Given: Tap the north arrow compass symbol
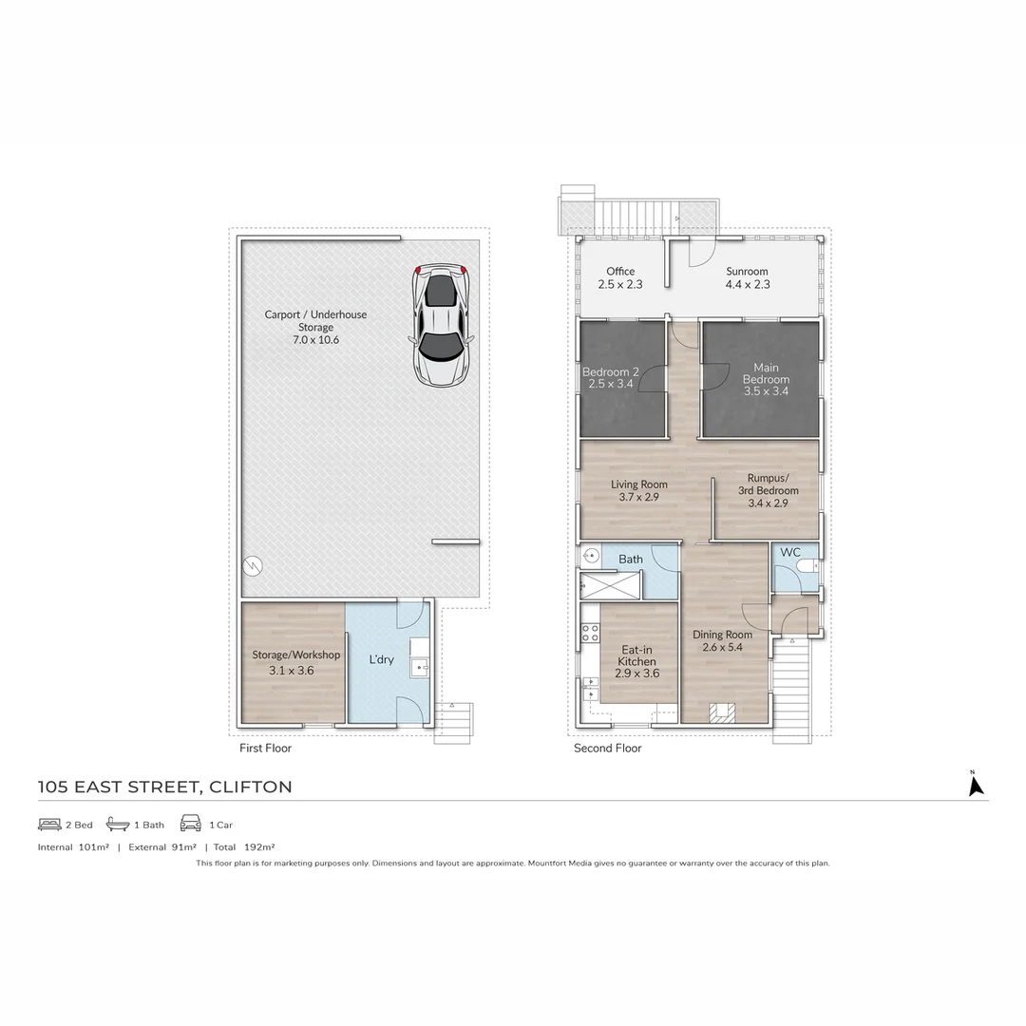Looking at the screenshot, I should pos(975,785).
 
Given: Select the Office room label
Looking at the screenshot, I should pos(620,272).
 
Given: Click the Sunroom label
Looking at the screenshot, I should pos(747,272).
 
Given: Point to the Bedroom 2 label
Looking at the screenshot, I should pos(610,372).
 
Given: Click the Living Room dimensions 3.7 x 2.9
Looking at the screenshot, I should pos(638,497).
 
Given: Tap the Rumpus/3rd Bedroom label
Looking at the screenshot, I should pos(768,484).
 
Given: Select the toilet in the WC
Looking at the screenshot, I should pos(807,567).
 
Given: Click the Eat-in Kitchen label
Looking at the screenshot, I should pos(636,655).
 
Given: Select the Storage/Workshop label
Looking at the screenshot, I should pos(295,655).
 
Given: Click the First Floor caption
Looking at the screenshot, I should pos(265,749).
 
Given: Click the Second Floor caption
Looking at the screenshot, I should pos(607,749).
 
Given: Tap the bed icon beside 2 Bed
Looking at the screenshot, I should pos(49,824).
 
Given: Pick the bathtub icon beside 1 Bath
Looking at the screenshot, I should pos(118,824).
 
